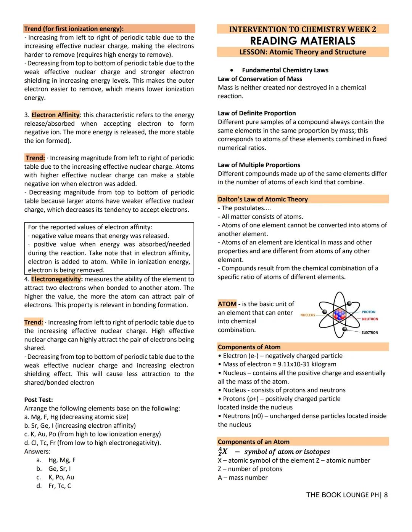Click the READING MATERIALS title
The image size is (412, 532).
303,41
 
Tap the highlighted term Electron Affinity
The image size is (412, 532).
55,115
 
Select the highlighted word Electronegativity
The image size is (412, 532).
56,279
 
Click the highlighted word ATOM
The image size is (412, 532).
227,304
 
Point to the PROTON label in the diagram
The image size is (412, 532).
369,312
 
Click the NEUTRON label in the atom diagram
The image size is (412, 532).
370,319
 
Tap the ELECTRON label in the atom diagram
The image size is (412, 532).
370,332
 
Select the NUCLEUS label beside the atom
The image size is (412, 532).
307,315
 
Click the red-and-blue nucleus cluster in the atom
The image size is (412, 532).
339,315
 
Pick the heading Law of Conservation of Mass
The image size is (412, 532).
260,79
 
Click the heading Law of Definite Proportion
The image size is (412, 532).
257,113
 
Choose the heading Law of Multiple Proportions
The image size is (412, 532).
259,165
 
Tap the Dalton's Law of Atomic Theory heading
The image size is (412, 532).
262,199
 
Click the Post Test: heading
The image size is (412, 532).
39,400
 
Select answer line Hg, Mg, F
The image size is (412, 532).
62,460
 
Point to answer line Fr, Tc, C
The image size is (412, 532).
60,486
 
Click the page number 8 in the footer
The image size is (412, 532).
386,495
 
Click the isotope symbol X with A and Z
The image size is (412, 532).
222,452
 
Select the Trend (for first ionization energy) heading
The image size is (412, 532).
74,29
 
